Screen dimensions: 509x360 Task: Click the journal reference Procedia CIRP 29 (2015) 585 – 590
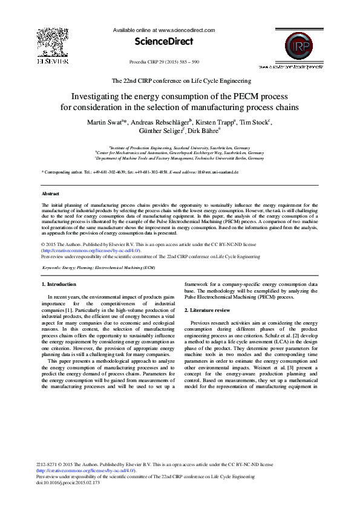(x=165, y=62)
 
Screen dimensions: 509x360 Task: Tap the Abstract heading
(x=50, y=193)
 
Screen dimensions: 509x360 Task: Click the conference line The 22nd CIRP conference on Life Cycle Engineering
(x=182, y=80)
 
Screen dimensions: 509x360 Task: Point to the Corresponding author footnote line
(x=140, y=172)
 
